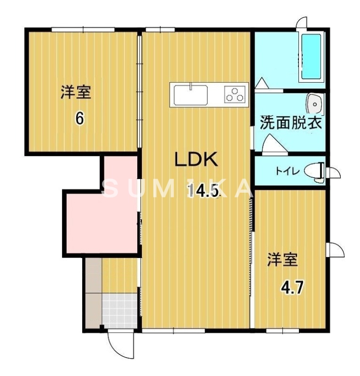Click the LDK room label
coord(196,160)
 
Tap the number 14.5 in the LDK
coord(203,191)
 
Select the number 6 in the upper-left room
coord(80,118)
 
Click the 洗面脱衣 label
coord(291,124)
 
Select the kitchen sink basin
coord(191,95)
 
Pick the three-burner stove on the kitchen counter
coord(235,95)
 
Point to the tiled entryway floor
coord(119,310)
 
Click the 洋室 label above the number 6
coord(76,93)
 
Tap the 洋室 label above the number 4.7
coord(283,260)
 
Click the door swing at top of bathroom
coord(301,23)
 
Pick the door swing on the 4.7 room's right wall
coord(335,250)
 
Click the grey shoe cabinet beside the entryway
coord(94,294)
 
